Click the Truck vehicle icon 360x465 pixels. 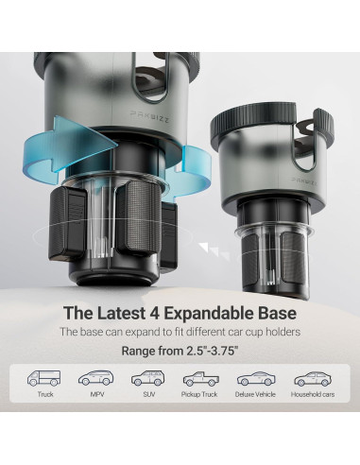coord(43,378)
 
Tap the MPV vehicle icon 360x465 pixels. coord(96,378)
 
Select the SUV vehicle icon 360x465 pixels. coord(148,378)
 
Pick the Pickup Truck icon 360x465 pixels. coord(201,379)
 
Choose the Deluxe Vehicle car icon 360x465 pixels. coord(256,378)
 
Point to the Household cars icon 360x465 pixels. coord(313,379)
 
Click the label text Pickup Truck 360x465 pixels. coord(199,394)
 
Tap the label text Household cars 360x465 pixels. coord(313,394)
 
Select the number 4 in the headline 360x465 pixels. coord(153,313)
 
